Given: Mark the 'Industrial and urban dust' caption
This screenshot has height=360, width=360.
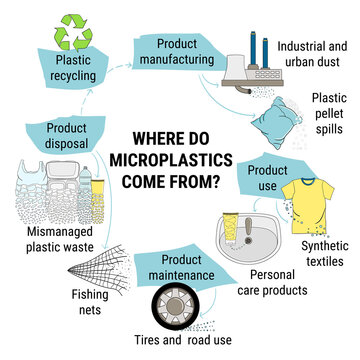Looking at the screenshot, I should pos(313,53).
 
